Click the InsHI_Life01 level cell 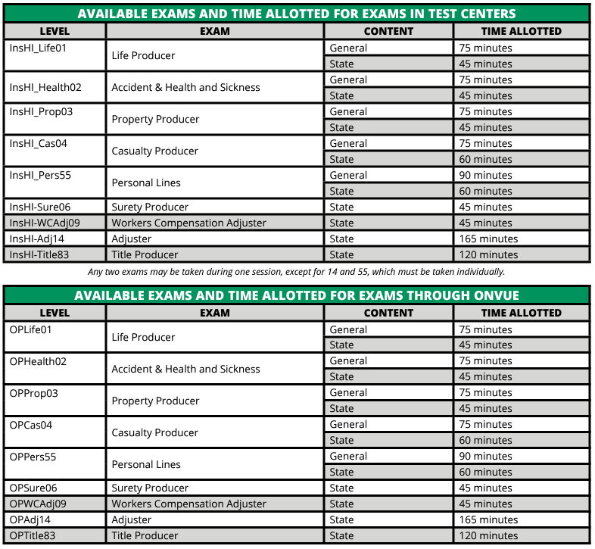(38, 48)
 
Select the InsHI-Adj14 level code (36, 239)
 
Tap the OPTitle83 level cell (33, 535)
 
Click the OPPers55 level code (33, 457)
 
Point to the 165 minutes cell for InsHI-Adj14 (488, 239)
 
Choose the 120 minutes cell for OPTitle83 (488, 535)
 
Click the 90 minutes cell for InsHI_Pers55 (485, 175)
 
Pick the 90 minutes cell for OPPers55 (485, 457)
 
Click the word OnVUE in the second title (492, 295)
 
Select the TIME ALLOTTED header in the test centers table (522, 31)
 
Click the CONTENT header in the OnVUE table (388, 313)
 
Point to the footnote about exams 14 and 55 (297, 271)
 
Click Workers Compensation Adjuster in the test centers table (188, 223)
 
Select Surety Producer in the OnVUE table (150, 488)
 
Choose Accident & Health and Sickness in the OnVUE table (185, 369)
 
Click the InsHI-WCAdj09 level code (45, 223)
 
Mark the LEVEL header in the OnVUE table (55, 313)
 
